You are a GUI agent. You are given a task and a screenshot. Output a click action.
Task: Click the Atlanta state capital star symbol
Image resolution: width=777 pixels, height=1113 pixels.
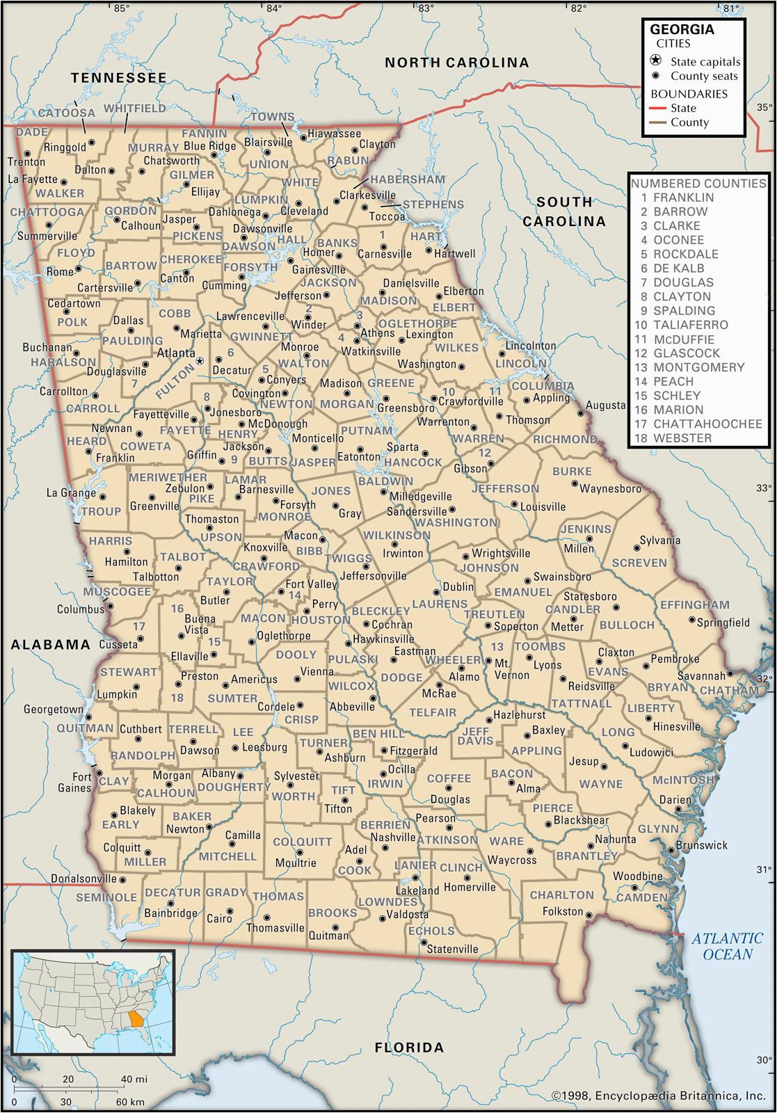(200, 361)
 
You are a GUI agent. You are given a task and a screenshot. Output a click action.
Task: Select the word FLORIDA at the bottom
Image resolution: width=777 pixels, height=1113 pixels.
(409, 1047)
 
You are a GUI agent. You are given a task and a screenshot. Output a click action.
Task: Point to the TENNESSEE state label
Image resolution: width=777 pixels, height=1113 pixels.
(119, 78)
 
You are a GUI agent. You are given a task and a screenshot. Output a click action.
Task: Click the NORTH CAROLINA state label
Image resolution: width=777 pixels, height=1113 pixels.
(457, 63)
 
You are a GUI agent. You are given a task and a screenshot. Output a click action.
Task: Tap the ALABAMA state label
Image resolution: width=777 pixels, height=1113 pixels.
(51, 644)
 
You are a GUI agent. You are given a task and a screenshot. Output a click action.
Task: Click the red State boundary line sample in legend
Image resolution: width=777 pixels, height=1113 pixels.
(657, 108)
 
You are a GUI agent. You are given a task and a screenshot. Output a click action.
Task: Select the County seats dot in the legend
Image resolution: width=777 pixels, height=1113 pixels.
(655, 76)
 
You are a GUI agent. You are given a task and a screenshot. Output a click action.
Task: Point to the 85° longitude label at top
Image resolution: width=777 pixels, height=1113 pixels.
(122, 8)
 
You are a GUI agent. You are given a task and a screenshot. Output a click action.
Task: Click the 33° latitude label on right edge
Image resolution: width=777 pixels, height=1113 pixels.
(764, 488)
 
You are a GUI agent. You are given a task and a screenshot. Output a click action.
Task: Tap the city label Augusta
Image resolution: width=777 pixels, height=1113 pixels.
(606, 405)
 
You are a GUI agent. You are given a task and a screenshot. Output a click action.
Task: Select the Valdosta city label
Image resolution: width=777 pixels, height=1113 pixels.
(408, 913)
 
